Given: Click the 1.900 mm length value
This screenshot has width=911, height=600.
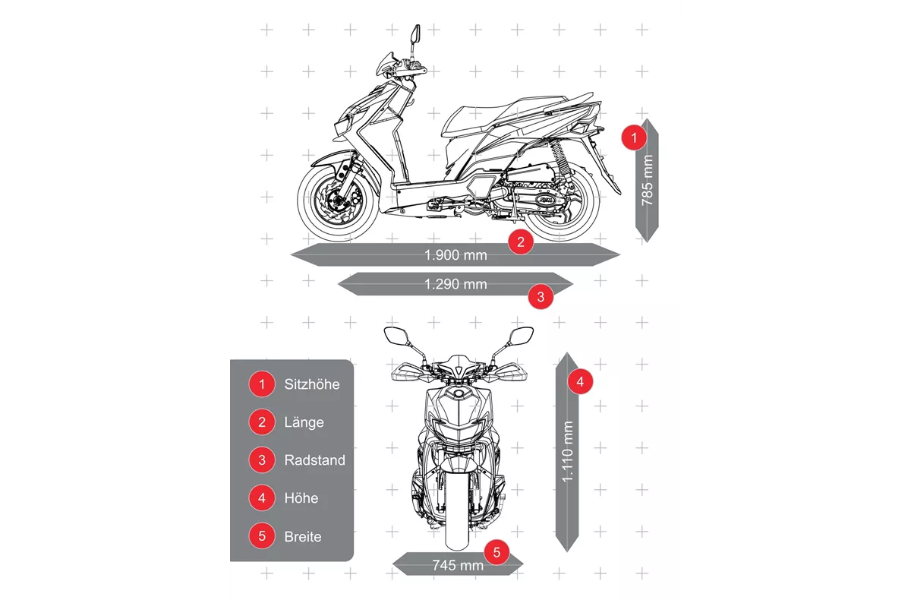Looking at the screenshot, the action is coord(455,255).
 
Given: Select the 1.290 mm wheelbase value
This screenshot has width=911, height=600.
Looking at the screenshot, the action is coord(455,284).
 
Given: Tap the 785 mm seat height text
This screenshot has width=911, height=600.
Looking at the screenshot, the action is coord(647,180).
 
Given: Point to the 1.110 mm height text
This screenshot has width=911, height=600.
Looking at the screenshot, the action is coord(567,452).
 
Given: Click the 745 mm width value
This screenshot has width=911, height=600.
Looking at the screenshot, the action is coord(458,565).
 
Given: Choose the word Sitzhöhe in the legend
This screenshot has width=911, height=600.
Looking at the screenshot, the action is coord(312,384).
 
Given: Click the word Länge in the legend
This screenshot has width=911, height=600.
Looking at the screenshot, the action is coord(304,422).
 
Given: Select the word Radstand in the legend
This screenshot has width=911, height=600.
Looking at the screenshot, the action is coord(315,460).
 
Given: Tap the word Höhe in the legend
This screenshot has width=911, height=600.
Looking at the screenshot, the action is coord(301,498).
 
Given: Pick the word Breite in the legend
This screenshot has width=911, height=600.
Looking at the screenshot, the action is coord(303,536).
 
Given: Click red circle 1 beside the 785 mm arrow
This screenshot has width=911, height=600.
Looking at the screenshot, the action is coord(634,138).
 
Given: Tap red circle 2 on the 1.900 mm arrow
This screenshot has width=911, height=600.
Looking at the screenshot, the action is coord(521,242).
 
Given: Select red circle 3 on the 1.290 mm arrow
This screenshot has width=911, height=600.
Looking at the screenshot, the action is coord(541,296).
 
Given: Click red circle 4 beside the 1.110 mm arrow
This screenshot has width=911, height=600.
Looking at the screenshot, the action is coord(580,381).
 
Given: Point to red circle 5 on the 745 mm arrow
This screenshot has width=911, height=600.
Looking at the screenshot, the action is coord(496,552).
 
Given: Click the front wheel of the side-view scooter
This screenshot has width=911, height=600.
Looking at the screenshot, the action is coord(339,201).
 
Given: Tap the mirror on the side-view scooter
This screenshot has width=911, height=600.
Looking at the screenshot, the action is coord(415,35).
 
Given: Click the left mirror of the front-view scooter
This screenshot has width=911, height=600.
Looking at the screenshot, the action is coord(396,336).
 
